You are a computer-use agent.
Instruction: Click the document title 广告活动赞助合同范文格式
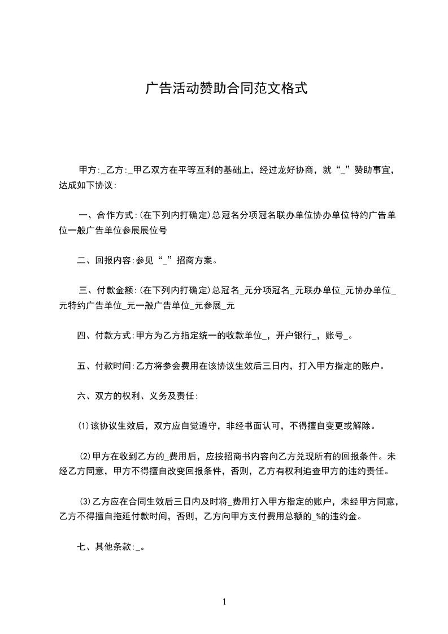pos(226,88)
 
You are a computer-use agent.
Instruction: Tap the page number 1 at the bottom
pos(224,602)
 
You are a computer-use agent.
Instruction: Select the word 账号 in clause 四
pos(334,336)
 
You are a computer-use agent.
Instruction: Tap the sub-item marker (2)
pos(85,456)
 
